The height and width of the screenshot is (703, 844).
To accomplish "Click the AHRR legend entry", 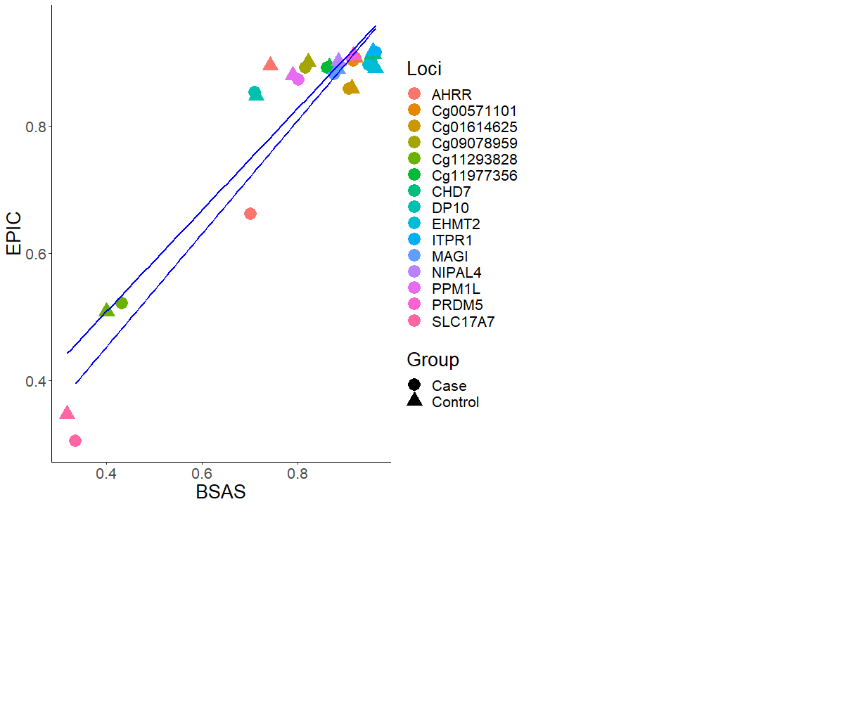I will coord(452,94).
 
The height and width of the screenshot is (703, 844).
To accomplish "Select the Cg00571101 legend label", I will coord(474,110).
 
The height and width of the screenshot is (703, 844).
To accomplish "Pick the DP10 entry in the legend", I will coord(450,208).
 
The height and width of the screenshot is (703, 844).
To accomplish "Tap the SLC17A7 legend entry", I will coord(467,322).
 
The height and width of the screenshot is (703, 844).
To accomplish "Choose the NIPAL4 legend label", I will coord(456,273).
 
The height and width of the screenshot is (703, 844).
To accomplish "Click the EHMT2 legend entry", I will coord(456,224).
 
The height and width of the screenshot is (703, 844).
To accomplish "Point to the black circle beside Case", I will coord(414,385).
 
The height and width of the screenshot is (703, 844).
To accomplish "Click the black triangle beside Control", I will coord(414,401).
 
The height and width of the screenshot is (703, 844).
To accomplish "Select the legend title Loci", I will coord(424,68).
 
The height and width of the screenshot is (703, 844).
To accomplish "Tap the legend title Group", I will coord(433,360).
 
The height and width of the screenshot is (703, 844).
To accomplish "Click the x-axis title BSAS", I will coord(221,492).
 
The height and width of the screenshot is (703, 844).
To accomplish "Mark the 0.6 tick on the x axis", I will coord(202,473).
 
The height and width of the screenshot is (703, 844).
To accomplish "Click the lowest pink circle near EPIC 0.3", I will coord(75,441).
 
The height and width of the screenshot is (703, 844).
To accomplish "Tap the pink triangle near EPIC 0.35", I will coord(67,413).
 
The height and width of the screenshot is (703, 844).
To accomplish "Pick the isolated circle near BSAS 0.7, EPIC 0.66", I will coord(250,214).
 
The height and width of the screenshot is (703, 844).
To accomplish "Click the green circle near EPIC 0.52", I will coord(122,303).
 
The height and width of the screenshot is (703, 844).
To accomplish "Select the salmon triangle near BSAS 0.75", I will coord(270,65).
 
